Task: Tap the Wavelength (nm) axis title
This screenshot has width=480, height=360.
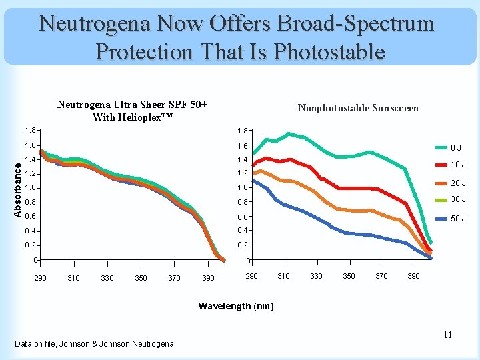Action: pyautogui.click(x=236, y=306)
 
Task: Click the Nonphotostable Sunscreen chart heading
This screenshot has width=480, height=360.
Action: pyautogui.click(x=358, y=108)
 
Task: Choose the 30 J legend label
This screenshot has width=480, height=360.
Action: pyautogui.click(x=458, y=199)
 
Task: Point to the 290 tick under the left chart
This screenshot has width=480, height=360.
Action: pyautogui.click(x=40, y=278)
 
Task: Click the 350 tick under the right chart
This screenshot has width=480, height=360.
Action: pyautogui.click(x=349, y=276)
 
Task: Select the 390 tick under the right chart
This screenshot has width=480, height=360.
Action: pyautogui.click(x=413, y=276)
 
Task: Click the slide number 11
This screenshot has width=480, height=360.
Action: pyautogui.click(x=448, y=335)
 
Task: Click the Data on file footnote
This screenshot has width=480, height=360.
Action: pyautogui.click(x=95, y=344)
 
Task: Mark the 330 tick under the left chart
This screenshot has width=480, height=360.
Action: pyautogui.click(x=107, y=278)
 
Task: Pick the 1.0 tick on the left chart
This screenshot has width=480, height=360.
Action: pyautogui.click(x=29, y=188)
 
